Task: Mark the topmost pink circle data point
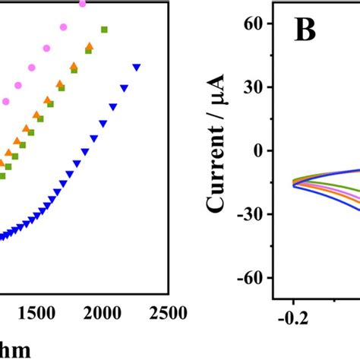point(83,4)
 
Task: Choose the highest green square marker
point(105,30)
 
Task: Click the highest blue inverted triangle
point(137,68)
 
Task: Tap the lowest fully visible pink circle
point(5,101)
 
